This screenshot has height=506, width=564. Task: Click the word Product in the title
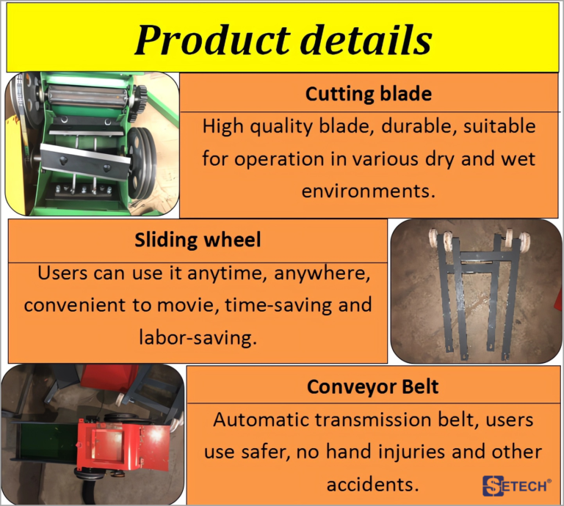coord(212,40)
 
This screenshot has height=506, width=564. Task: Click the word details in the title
coord(366,40)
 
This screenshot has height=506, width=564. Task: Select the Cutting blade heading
coord(369,94)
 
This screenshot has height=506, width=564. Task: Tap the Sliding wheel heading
coord(198,240)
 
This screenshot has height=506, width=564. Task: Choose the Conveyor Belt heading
coord(372,386)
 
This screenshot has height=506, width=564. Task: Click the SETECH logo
coord(516,485)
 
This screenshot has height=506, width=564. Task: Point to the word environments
coord(369,191)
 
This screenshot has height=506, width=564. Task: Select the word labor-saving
coord(198,337)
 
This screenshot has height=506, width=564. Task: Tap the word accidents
coord(372,485)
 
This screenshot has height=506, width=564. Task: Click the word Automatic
coord(261,419)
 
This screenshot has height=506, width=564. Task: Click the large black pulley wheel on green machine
coord(142,164)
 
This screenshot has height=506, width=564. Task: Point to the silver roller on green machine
coord(87,95)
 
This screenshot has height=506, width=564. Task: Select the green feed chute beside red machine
coord(46,441)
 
